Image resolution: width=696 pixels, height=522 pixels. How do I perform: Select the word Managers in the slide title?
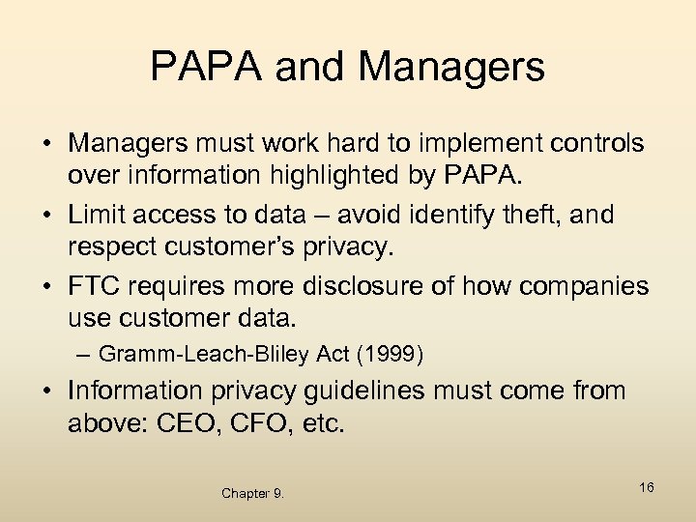450,67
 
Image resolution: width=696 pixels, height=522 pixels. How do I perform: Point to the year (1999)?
390,354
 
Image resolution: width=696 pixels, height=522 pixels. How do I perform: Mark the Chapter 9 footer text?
252,494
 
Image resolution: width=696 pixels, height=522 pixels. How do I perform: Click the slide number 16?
646,487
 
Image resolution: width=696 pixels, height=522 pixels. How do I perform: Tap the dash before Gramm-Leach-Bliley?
84,354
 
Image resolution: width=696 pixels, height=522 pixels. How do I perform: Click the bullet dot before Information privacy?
46,391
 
